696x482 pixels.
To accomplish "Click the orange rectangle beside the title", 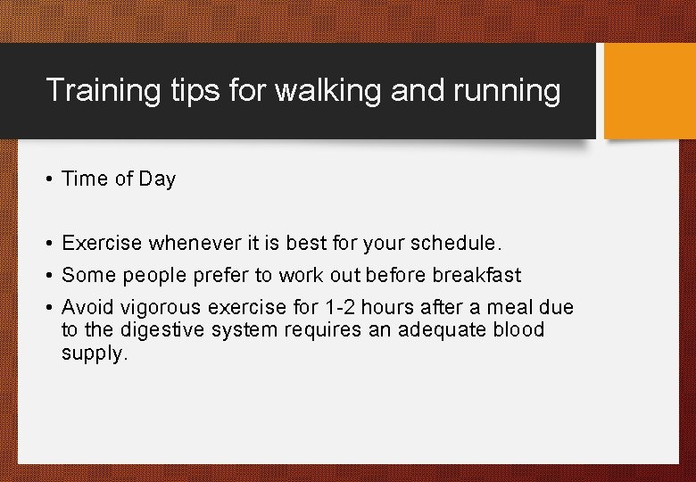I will (x=650, y=91).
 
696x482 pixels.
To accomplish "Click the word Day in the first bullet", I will (x=157, y=179).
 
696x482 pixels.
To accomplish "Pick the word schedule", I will (x=456, y=243).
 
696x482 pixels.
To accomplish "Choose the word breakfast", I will (x=478, y=276).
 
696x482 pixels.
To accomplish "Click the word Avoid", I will (x=87, y=308).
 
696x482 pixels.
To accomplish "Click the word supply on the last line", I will (x=93, y=353).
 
